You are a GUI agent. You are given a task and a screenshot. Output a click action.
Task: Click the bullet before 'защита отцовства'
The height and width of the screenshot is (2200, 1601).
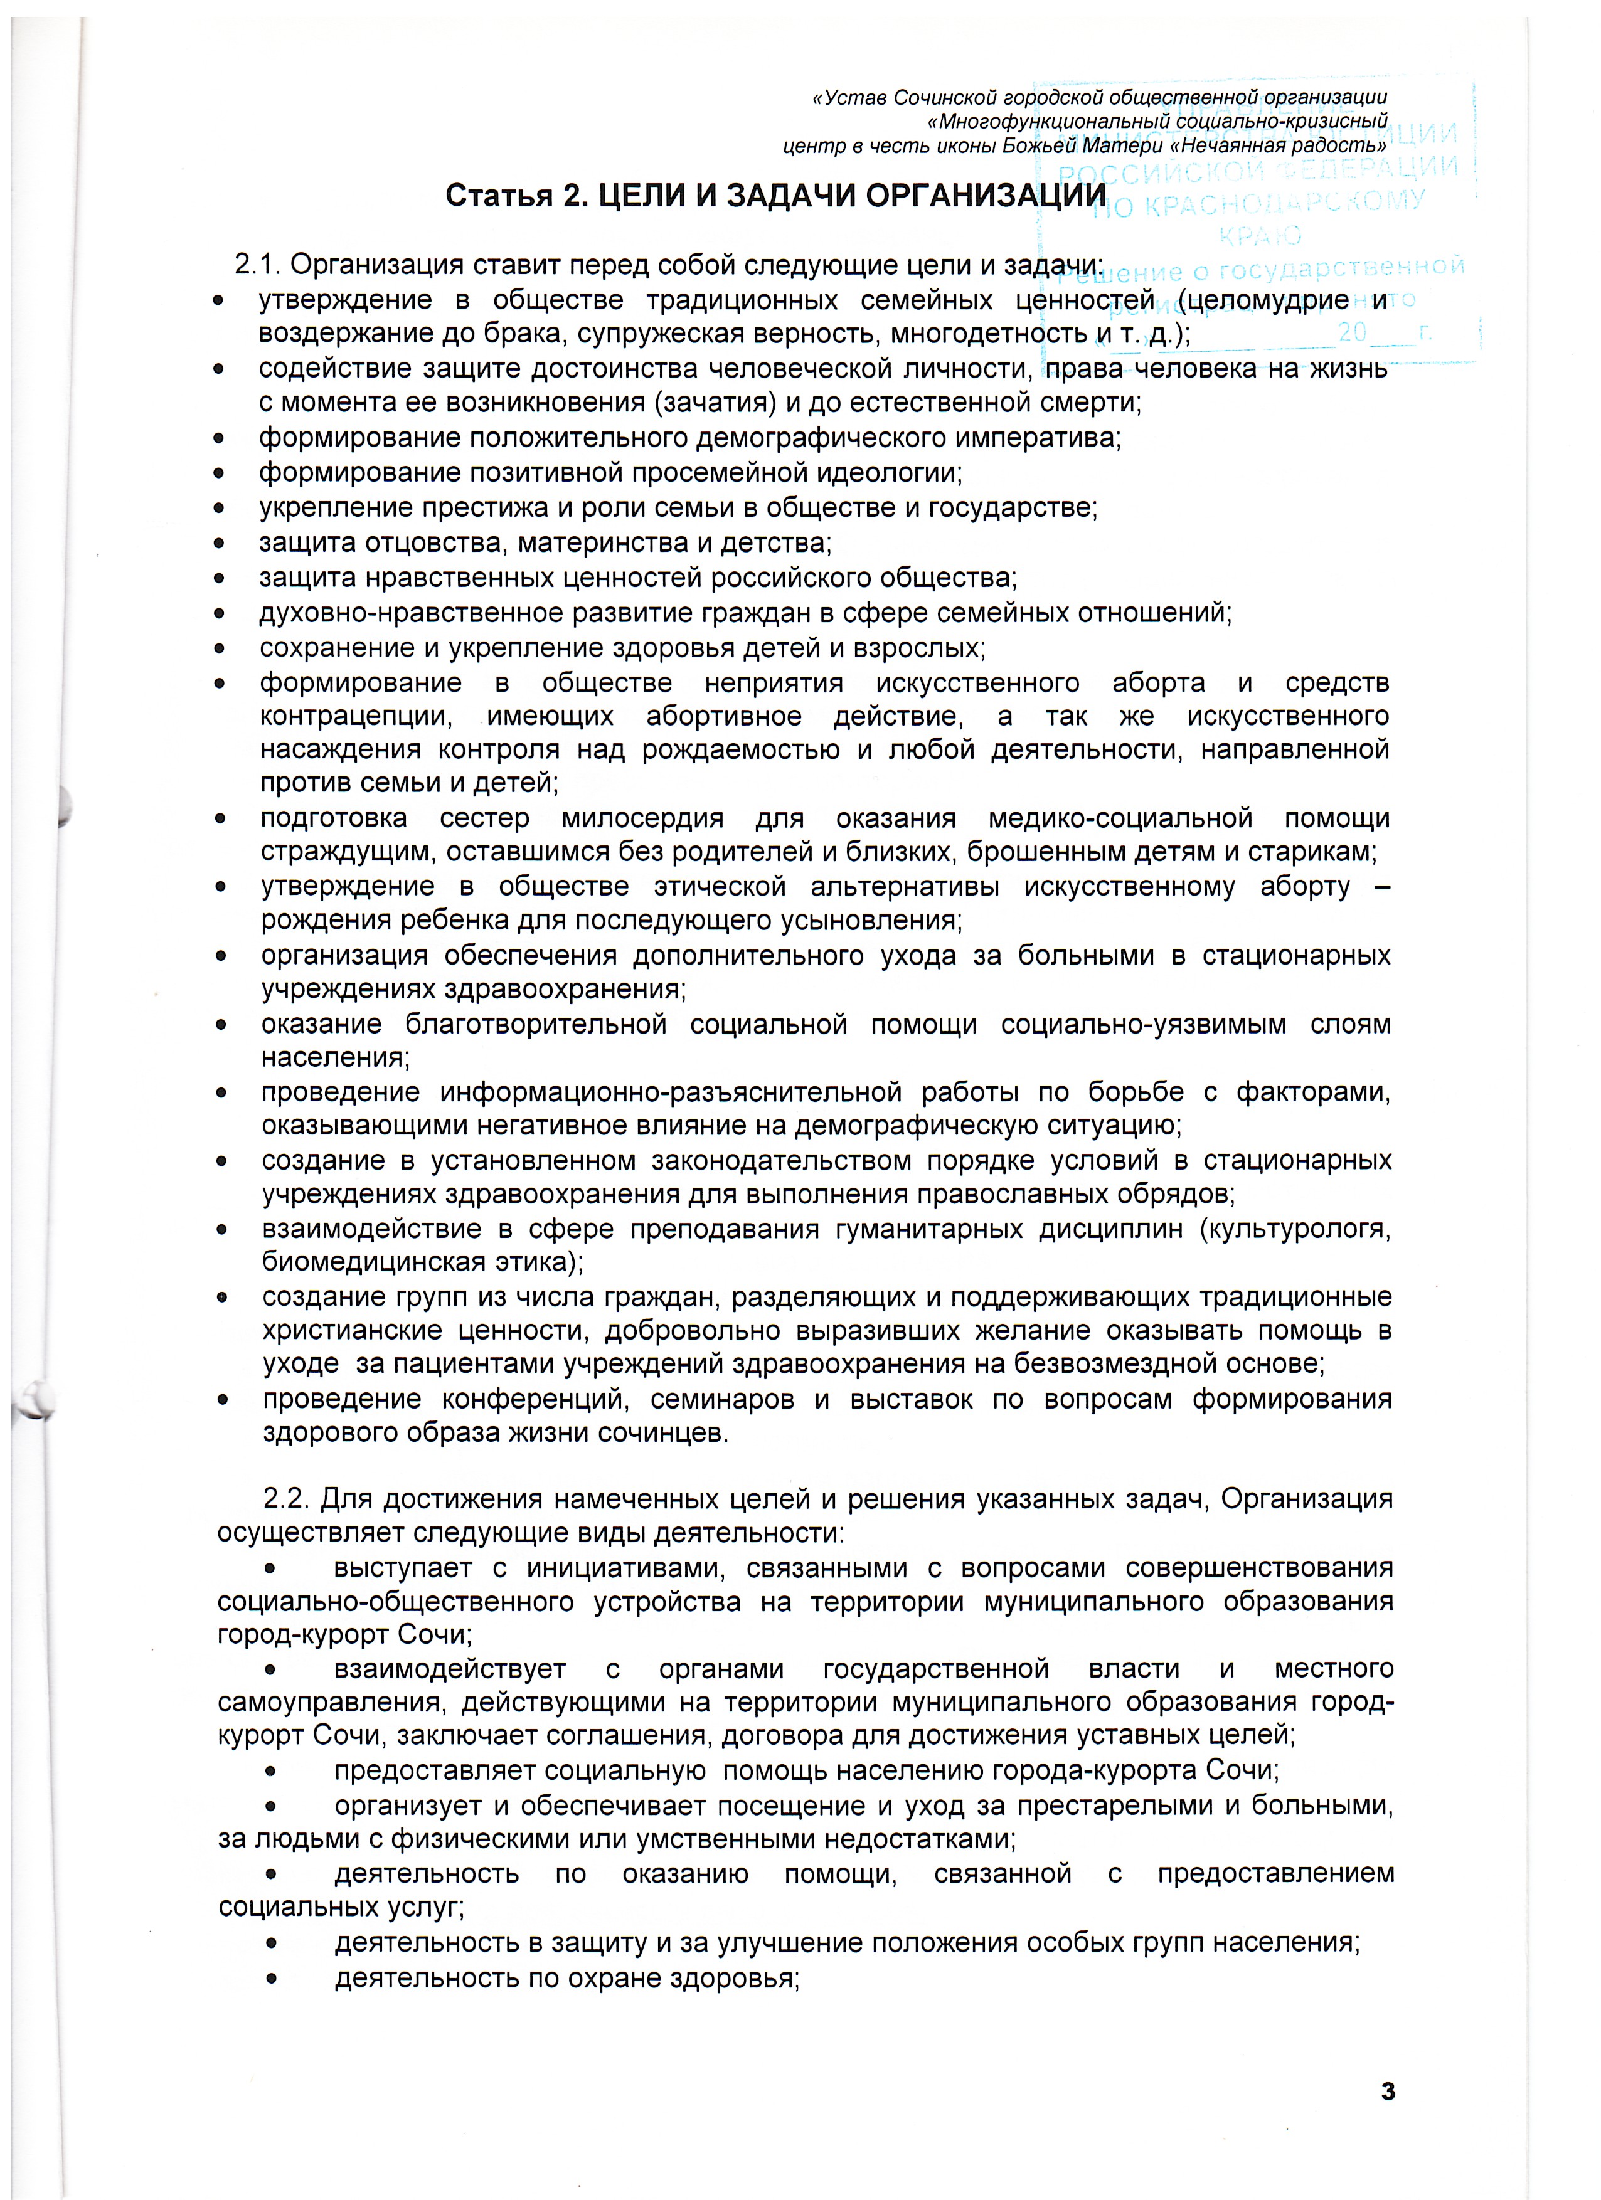220,543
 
